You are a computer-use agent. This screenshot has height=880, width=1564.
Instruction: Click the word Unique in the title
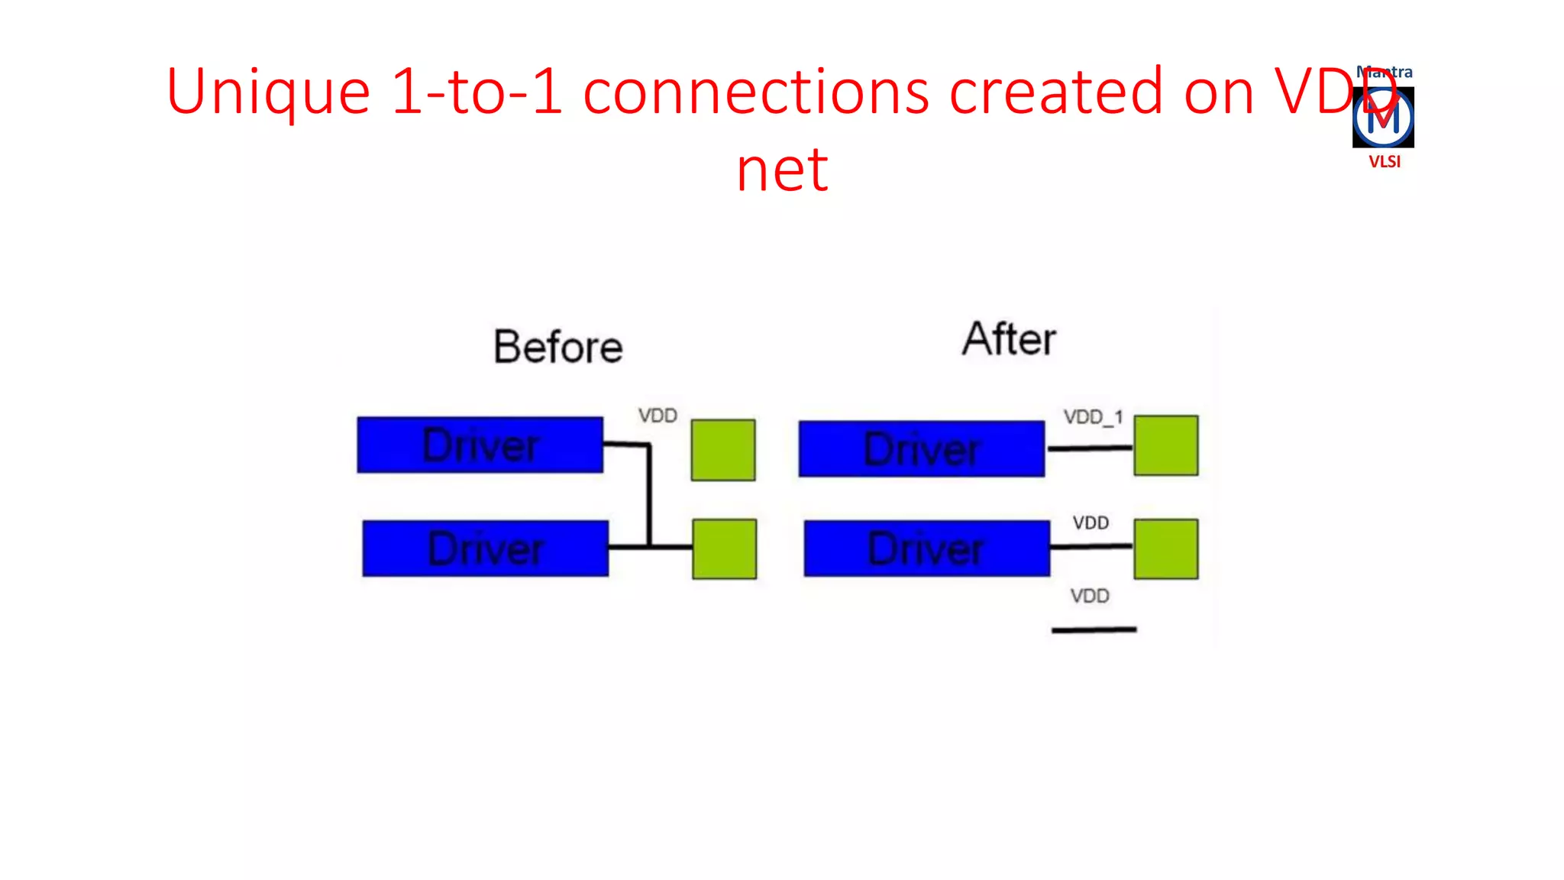(x=267, y=92)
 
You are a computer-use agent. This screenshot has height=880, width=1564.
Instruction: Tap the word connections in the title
(x=756, y=92)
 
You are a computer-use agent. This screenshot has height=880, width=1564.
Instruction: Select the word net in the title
(x=782, y=170)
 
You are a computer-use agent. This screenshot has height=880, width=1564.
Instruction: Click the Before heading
(x=557, y=347)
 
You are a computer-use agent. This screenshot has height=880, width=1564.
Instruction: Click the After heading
(x=1009, y=339)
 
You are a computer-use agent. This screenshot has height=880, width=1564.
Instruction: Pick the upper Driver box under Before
(x=480, y=445)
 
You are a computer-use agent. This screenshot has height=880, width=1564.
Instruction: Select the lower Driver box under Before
(x=485, y=548)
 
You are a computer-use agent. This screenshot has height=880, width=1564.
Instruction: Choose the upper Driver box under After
(x=921, y=448)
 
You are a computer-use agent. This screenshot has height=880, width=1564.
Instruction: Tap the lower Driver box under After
(x=926, y=548)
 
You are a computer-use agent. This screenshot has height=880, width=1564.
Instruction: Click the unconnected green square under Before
(x=723, y=450)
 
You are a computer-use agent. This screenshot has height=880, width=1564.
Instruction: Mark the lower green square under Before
(x=724, y=548)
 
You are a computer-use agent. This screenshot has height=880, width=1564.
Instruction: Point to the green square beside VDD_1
(x=1165, y=445)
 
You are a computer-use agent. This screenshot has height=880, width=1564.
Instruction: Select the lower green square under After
(x=1165, y=548)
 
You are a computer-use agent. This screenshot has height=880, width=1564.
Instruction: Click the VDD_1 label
(x=1093, y=417)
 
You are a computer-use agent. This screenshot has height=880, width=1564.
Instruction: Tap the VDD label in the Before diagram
(x=658, y=416)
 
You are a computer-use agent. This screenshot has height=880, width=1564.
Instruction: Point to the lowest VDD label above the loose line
(x=1089, y=596)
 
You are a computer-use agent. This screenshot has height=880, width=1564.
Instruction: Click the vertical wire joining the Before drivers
(x=649, y=497)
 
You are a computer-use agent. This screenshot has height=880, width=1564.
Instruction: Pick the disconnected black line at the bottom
(x=1094, y=629)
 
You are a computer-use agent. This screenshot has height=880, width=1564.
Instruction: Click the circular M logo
(x=1383, y=118)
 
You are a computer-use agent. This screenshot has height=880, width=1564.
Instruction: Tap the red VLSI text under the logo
(x=1384, y=161)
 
